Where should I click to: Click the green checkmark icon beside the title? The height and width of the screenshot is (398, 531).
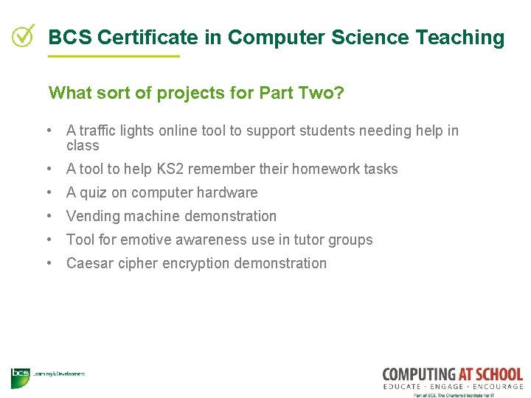click(x=24, y=35)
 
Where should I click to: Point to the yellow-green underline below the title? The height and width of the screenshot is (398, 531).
click(x=114, y=56)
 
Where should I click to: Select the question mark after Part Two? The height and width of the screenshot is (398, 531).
click(x=339, y=94)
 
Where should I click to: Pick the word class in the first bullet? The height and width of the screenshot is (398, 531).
click(x=83, y=146)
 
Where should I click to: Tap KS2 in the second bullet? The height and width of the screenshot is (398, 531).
click(x=170, y=170)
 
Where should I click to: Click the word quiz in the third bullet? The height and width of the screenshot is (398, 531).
click(x=93, y=193)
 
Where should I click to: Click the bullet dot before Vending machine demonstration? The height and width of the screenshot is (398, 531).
click(x=48, y=216)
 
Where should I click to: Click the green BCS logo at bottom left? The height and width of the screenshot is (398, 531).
click(x=20, y=377)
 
